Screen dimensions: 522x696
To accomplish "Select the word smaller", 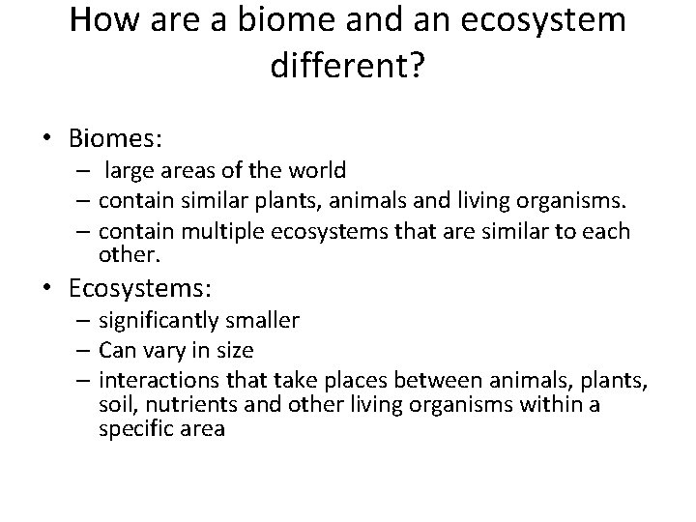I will pyautogui.click(x=264, y=320).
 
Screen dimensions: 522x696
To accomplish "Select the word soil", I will pyautogui.click(x=114, y=404).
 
